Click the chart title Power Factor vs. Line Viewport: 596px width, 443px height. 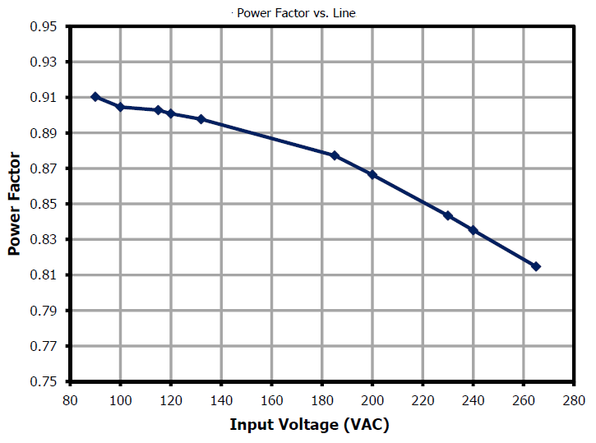tap(296, 12)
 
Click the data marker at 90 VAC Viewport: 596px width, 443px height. tap(95, 97)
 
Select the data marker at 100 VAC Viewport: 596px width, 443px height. tap(121, 107)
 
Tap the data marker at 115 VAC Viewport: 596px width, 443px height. tap(159, 110)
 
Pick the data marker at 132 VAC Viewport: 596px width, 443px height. tap(201, 119)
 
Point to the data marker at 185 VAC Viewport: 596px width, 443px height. tap(335, 155)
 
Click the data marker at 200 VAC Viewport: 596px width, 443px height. tap(372, 175)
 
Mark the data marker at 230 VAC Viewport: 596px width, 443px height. tap(448, 216)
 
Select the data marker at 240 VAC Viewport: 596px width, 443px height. tap(474, 230)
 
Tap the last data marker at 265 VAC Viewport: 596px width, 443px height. tap(536, 266)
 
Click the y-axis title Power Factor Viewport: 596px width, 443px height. tap(14, 204)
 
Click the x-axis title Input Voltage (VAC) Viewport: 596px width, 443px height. tap(309, 425)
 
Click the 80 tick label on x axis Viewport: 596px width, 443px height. tap(70, 400)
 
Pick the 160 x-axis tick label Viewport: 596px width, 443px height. tap(271, 400)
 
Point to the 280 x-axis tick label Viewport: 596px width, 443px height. tap(574, 400)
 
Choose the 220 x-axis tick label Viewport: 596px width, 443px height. tap(423, 400)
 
